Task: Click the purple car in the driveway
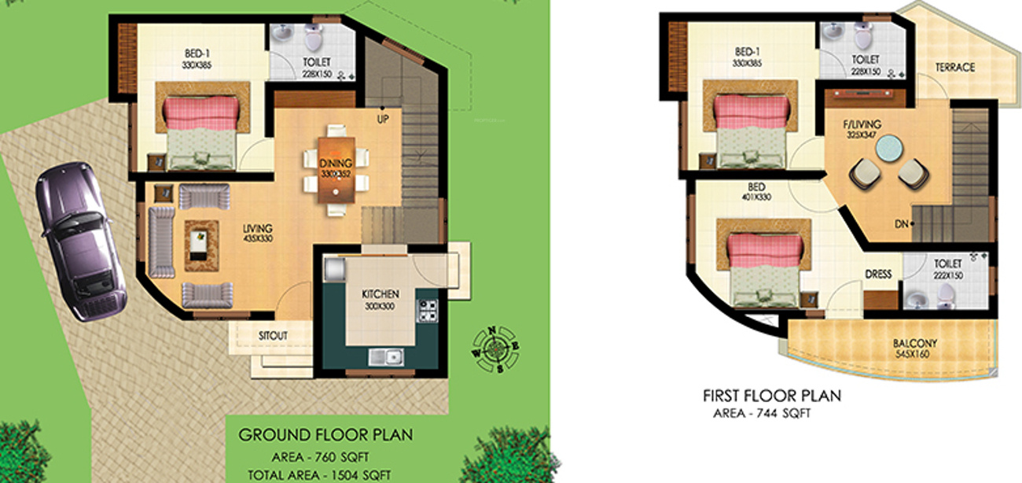(x=80, y=240)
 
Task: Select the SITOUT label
(x=273, y=335)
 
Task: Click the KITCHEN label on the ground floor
(x=380, y=294)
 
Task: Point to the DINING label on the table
(x=336, y=164)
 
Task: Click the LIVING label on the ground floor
(x=258, y=229)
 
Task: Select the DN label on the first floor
(x=901, y=224)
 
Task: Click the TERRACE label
(x=955, y=68)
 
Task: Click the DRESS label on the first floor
(x=878, y=275)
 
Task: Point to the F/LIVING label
(x=863, y=125)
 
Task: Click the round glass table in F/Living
(x=890, y=149)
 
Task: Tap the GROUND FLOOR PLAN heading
(x=325, y=434)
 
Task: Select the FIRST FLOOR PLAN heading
(x=772, y=396)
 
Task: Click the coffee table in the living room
(x=201, y=237)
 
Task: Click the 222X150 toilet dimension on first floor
(x=950, y=276)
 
